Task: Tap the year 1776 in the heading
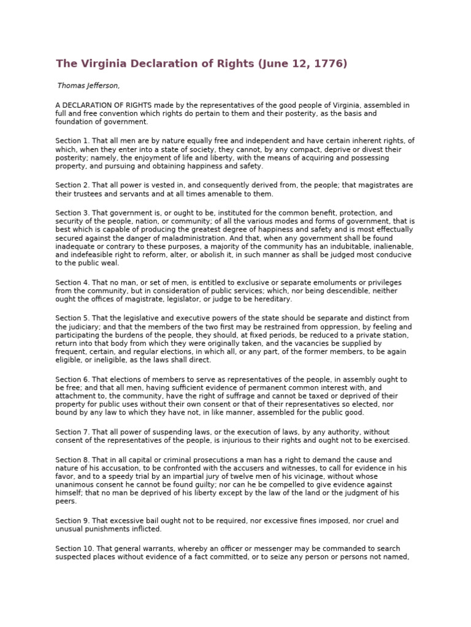331,63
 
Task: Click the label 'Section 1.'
72,141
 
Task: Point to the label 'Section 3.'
72,212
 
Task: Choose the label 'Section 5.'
72,318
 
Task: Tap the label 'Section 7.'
72,432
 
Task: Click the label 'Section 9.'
72,520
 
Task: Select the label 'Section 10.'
74,549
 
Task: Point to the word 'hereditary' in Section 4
273,299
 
